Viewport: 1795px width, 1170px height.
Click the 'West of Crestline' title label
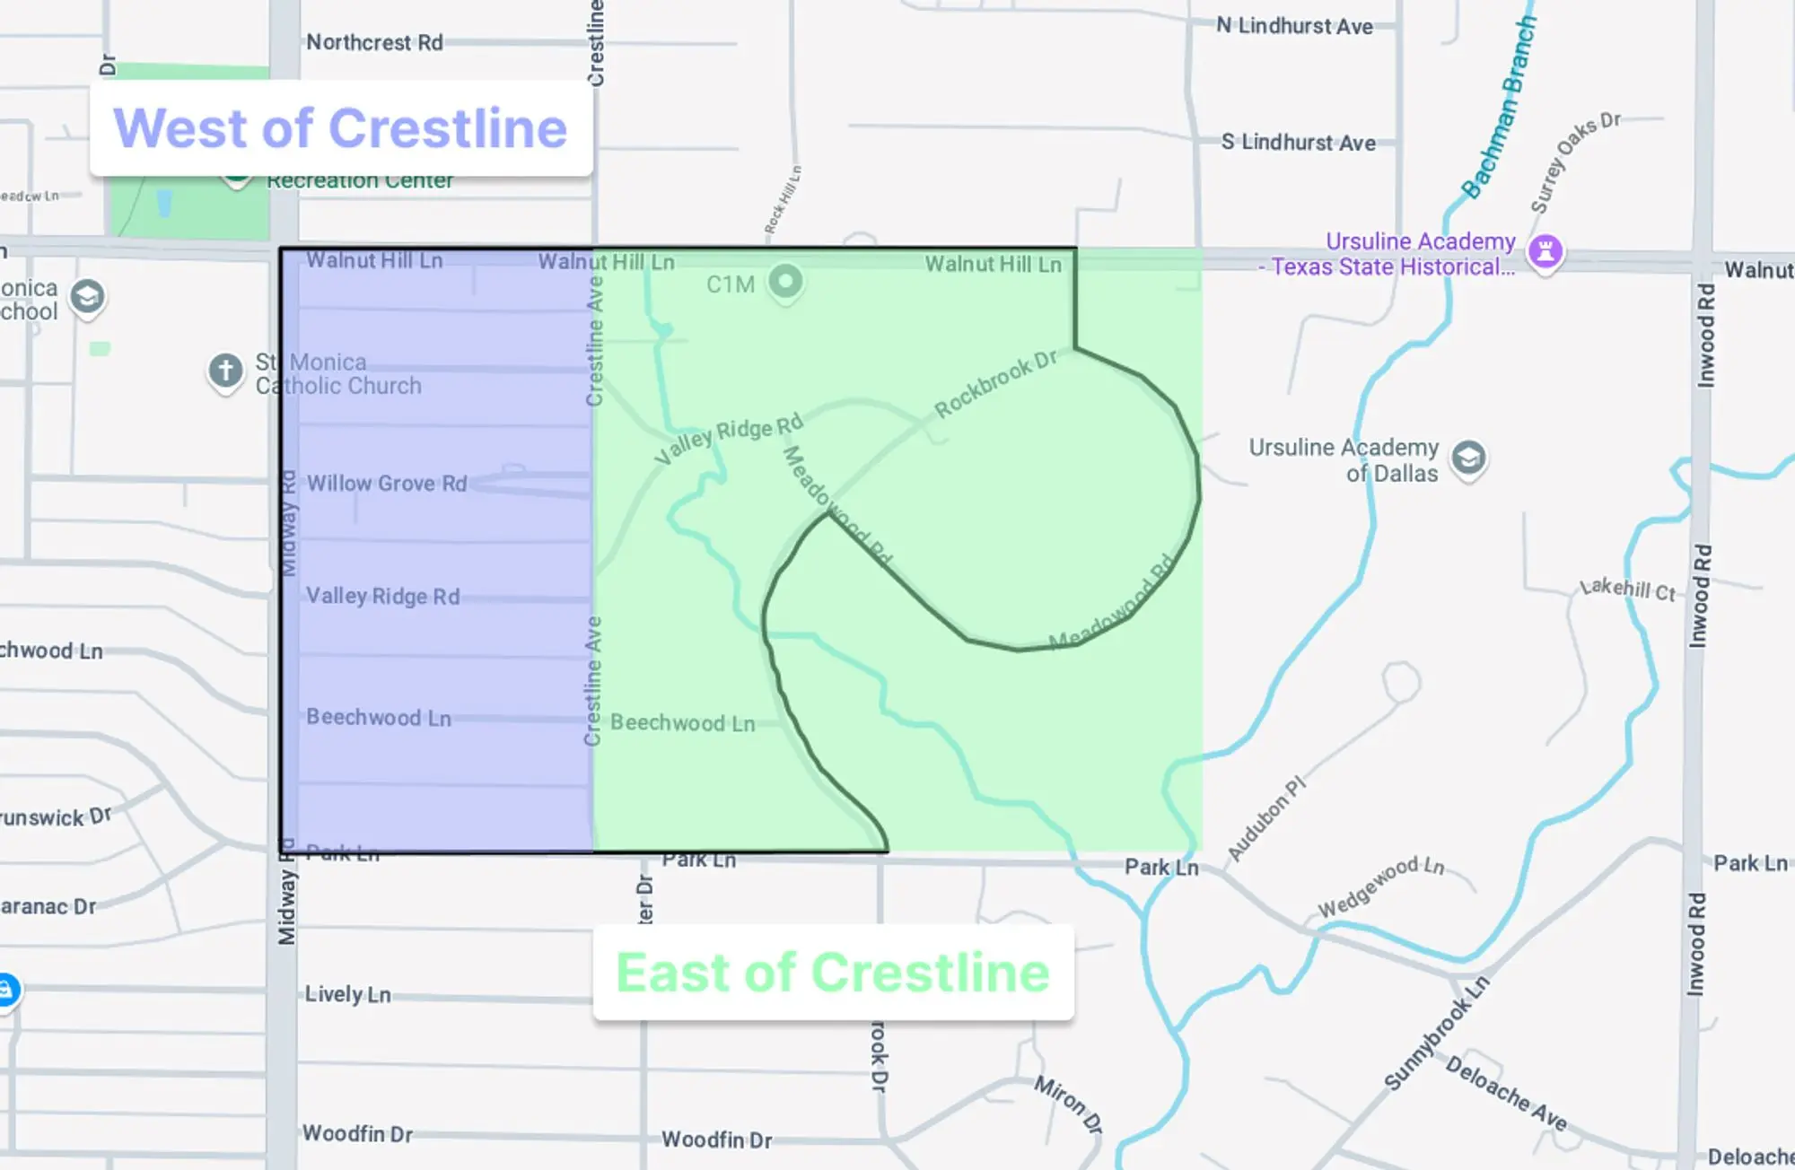tap(340, 128)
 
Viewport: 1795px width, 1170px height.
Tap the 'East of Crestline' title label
tap(832, 973)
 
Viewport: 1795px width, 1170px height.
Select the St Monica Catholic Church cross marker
tap(225, 370)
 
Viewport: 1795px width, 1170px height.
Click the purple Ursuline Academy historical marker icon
tap(1545, 250)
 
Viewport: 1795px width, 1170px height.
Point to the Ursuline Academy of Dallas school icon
tap(1468, 458)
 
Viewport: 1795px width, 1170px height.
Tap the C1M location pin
tap(786, 282)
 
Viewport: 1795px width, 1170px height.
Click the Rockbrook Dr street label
tap(995, 384)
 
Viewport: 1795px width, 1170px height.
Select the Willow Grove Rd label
tap(387, 484)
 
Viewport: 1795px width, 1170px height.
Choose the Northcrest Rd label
tap(374, 42)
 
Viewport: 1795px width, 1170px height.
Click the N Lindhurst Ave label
tap(1294, 26)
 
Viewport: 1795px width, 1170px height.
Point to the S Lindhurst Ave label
tap(1298, 142)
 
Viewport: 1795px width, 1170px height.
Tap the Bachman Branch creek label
tap(1499, 108)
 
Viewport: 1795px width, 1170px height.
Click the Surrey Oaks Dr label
tap(1574, 162)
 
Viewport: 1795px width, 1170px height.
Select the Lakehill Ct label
tap(1627, 589)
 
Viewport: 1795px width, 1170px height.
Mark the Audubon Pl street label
tap(1265, 818)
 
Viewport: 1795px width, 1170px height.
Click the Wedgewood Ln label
tap(1380, 886)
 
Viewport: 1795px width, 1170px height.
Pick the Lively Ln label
tap(347, 994)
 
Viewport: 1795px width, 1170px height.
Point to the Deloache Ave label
tap(1506, 1093)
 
